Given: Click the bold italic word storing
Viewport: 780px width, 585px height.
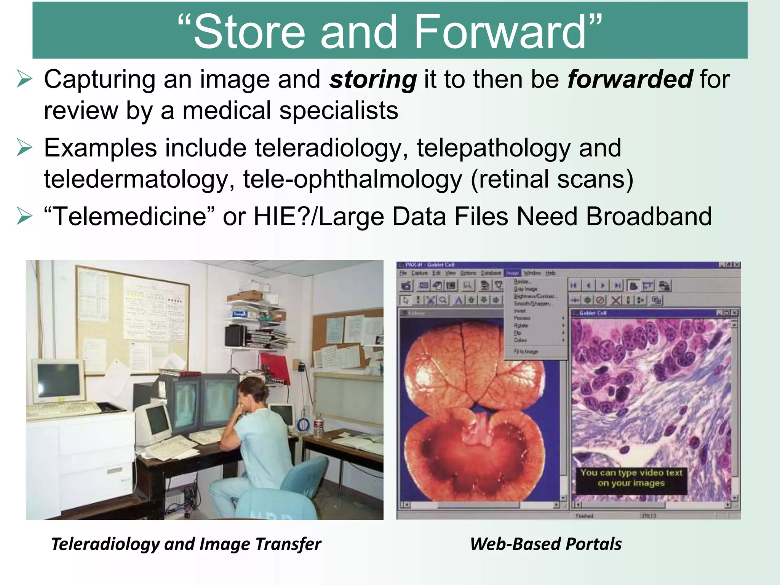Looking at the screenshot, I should click(372, 80).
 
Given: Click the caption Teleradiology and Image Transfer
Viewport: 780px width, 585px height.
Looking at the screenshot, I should click(186, 544).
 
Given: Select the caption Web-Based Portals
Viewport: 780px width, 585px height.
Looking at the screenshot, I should click(545, 544).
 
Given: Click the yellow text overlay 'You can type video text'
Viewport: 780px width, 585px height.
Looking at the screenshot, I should click(631, 473).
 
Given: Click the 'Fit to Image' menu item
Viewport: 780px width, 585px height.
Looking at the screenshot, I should click(526, 352).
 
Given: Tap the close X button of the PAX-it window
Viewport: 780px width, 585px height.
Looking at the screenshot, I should click(737, 265).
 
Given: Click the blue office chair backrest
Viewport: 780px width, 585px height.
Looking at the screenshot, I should click(305, 476).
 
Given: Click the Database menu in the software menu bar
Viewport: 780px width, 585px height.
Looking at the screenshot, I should click(491, 273).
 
